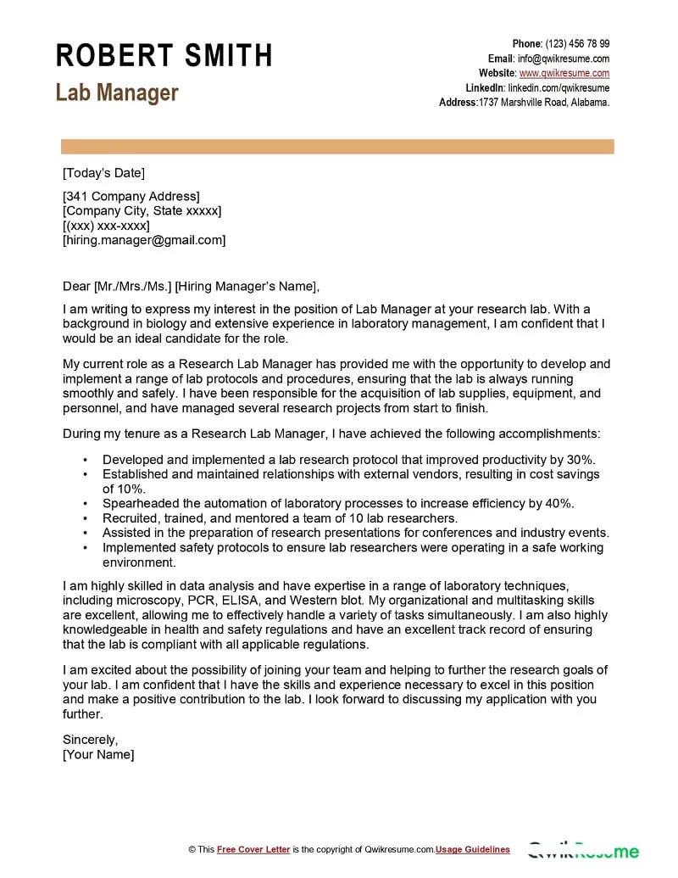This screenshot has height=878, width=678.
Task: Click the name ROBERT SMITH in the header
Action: (164, 56)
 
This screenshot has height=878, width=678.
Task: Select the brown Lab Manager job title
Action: (117, 92)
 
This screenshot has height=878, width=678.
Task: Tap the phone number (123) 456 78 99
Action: (577, 44)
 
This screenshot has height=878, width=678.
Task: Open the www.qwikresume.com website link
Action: (564, 73)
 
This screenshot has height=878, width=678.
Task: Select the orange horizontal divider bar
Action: (337, 147)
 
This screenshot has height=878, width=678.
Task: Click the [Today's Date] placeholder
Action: (103, 173)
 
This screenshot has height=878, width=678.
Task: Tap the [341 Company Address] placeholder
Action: (131, 197)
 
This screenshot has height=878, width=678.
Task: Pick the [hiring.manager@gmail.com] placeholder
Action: (144, 240)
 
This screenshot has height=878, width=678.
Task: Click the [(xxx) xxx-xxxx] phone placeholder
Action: (106, 226)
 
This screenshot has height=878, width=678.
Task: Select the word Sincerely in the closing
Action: (91, 739)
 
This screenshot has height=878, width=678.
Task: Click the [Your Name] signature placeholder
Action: (98, 754)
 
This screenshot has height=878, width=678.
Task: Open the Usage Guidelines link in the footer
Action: (473, 849)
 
